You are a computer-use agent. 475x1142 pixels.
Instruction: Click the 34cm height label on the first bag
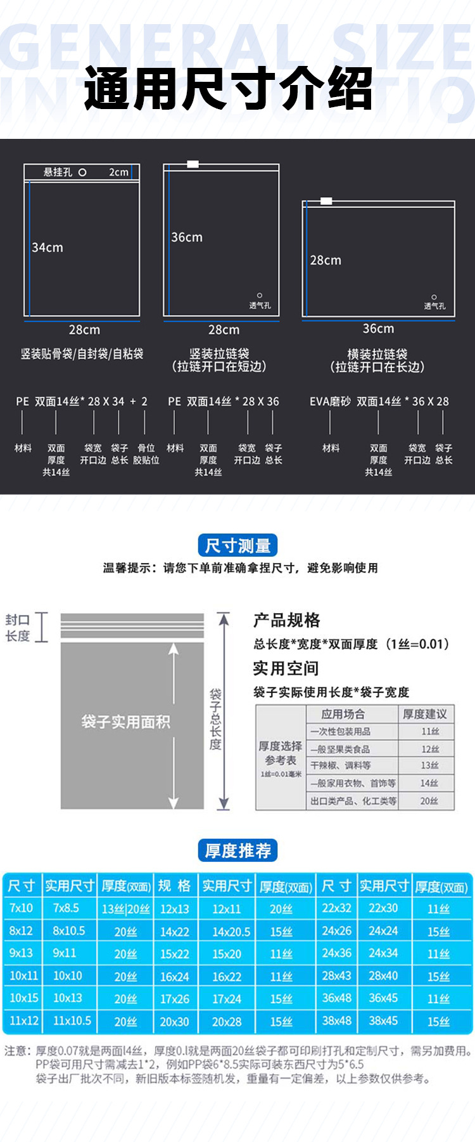click(x=47, y=247)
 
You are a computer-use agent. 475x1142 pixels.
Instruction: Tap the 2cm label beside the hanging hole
click(x=118, y=172)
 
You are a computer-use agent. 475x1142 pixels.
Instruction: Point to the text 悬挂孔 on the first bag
click(x=58, y=172)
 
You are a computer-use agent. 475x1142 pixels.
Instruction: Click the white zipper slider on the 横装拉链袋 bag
click(x=326, y=201)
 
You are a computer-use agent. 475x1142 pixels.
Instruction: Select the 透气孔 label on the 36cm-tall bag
click(x=260, y=306)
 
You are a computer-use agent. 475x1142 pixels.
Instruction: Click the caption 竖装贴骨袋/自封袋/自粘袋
click(x=82, y=354)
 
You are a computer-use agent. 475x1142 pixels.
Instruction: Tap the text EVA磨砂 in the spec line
click(x=329, y=401)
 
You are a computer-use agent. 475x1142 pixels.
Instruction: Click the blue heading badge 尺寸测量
click(x=237, y=545)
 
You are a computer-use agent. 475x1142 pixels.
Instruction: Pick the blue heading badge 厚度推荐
click(x=237, y=850)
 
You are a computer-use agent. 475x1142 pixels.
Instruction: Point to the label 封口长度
click(x=18, y=628)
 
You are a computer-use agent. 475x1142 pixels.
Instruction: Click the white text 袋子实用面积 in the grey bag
click(x=125, y=722)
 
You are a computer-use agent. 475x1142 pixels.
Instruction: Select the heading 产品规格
click(x=287, y=620)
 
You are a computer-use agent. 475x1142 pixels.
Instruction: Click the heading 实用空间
click(x=286, y=668)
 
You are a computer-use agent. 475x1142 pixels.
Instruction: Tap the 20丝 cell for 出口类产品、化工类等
click(x=429, y=801)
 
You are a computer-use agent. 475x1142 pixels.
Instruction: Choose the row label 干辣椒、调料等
click(x=341, y=765)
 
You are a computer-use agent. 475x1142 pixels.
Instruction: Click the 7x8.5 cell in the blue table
click(x=66, y=908)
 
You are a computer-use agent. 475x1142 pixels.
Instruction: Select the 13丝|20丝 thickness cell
click(x=126, y=909)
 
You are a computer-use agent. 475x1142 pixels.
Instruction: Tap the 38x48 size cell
click(x=336, y=1020)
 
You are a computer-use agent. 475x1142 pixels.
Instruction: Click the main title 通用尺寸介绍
click(x=228, y=89)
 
